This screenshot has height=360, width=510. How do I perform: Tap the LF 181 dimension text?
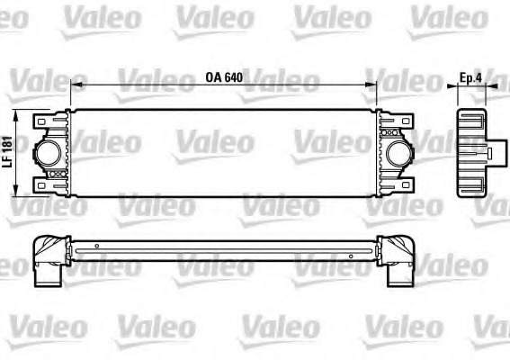click(7, 151)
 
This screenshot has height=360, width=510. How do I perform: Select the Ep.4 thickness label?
click(471, 76)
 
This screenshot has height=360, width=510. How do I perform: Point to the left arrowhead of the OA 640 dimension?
click(74, 85)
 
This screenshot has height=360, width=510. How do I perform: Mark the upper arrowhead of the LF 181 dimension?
click(21, 113)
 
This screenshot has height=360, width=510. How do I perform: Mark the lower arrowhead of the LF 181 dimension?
click(21, 191)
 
